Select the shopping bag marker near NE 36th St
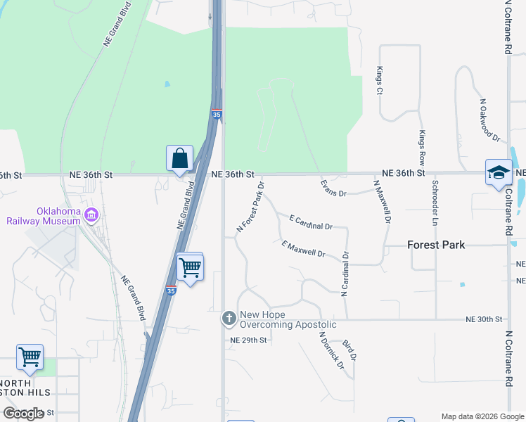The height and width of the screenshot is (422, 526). [179, 158]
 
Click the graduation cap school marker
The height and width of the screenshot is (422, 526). [499, 172]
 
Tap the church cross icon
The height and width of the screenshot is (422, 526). [229, 319]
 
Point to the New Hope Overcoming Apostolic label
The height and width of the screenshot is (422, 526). [288, 319]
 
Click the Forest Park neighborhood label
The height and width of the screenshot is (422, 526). [436, 245]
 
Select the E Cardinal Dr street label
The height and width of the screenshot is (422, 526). [310, 223]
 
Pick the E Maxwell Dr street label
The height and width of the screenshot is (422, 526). [303, 249]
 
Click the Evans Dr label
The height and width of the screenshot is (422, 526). [333, 188]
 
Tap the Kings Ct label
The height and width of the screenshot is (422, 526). [379, 81]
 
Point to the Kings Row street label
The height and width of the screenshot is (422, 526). [422, 148]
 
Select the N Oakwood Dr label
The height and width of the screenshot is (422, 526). [489, 120]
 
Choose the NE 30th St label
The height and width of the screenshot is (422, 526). [485, 319]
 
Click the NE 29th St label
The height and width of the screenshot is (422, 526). [249, 340]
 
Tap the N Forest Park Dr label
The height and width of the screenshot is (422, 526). [250, 207]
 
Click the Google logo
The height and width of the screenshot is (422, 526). [23, 413]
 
